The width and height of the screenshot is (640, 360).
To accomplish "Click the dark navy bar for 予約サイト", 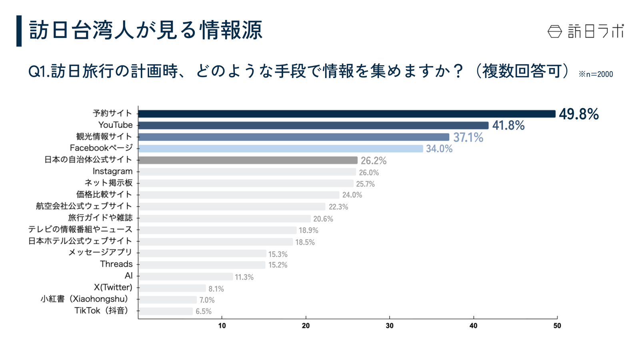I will pos(346,114).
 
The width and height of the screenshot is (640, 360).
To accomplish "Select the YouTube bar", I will pos(313,126).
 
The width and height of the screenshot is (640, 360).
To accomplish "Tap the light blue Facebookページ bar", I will pos(280,149).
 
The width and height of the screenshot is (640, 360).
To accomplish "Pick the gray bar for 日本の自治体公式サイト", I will pos(248,160).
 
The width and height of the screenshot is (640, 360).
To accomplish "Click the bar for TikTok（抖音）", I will pos(166,311).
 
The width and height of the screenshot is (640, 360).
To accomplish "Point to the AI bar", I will pos(186,276).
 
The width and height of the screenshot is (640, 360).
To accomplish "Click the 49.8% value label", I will pos(578,114).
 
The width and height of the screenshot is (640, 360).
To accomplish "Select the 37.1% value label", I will pos(468,138).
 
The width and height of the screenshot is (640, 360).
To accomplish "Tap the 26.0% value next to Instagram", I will pos(368,173).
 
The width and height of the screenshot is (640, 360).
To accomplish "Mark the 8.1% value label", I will pos(216,289).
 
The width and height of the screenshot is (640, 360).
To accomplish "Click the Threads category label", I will pos(116,264).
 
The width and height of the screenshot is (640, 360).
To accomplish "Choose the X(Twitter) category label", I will pos(113,287).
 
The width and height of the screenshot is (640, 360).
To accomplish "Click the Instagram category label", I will pos(112,172).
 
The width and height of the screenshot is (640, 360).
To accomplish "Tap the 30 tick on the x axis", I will pos(389,326).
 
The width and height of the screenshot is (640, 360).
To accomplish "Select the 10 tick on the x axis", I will pos(222,326).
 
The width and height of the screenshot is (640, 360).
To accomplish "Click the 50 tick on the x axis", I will pos(557,326).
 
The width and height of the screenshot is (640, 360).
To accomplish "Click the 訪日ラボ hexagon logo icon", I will pos(554,32).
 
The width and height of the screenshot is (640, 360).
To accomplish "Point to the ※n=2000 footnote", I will pos(596,74).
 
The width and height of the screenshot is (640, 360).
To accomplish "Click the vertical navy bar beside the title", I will pos(19,31).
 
